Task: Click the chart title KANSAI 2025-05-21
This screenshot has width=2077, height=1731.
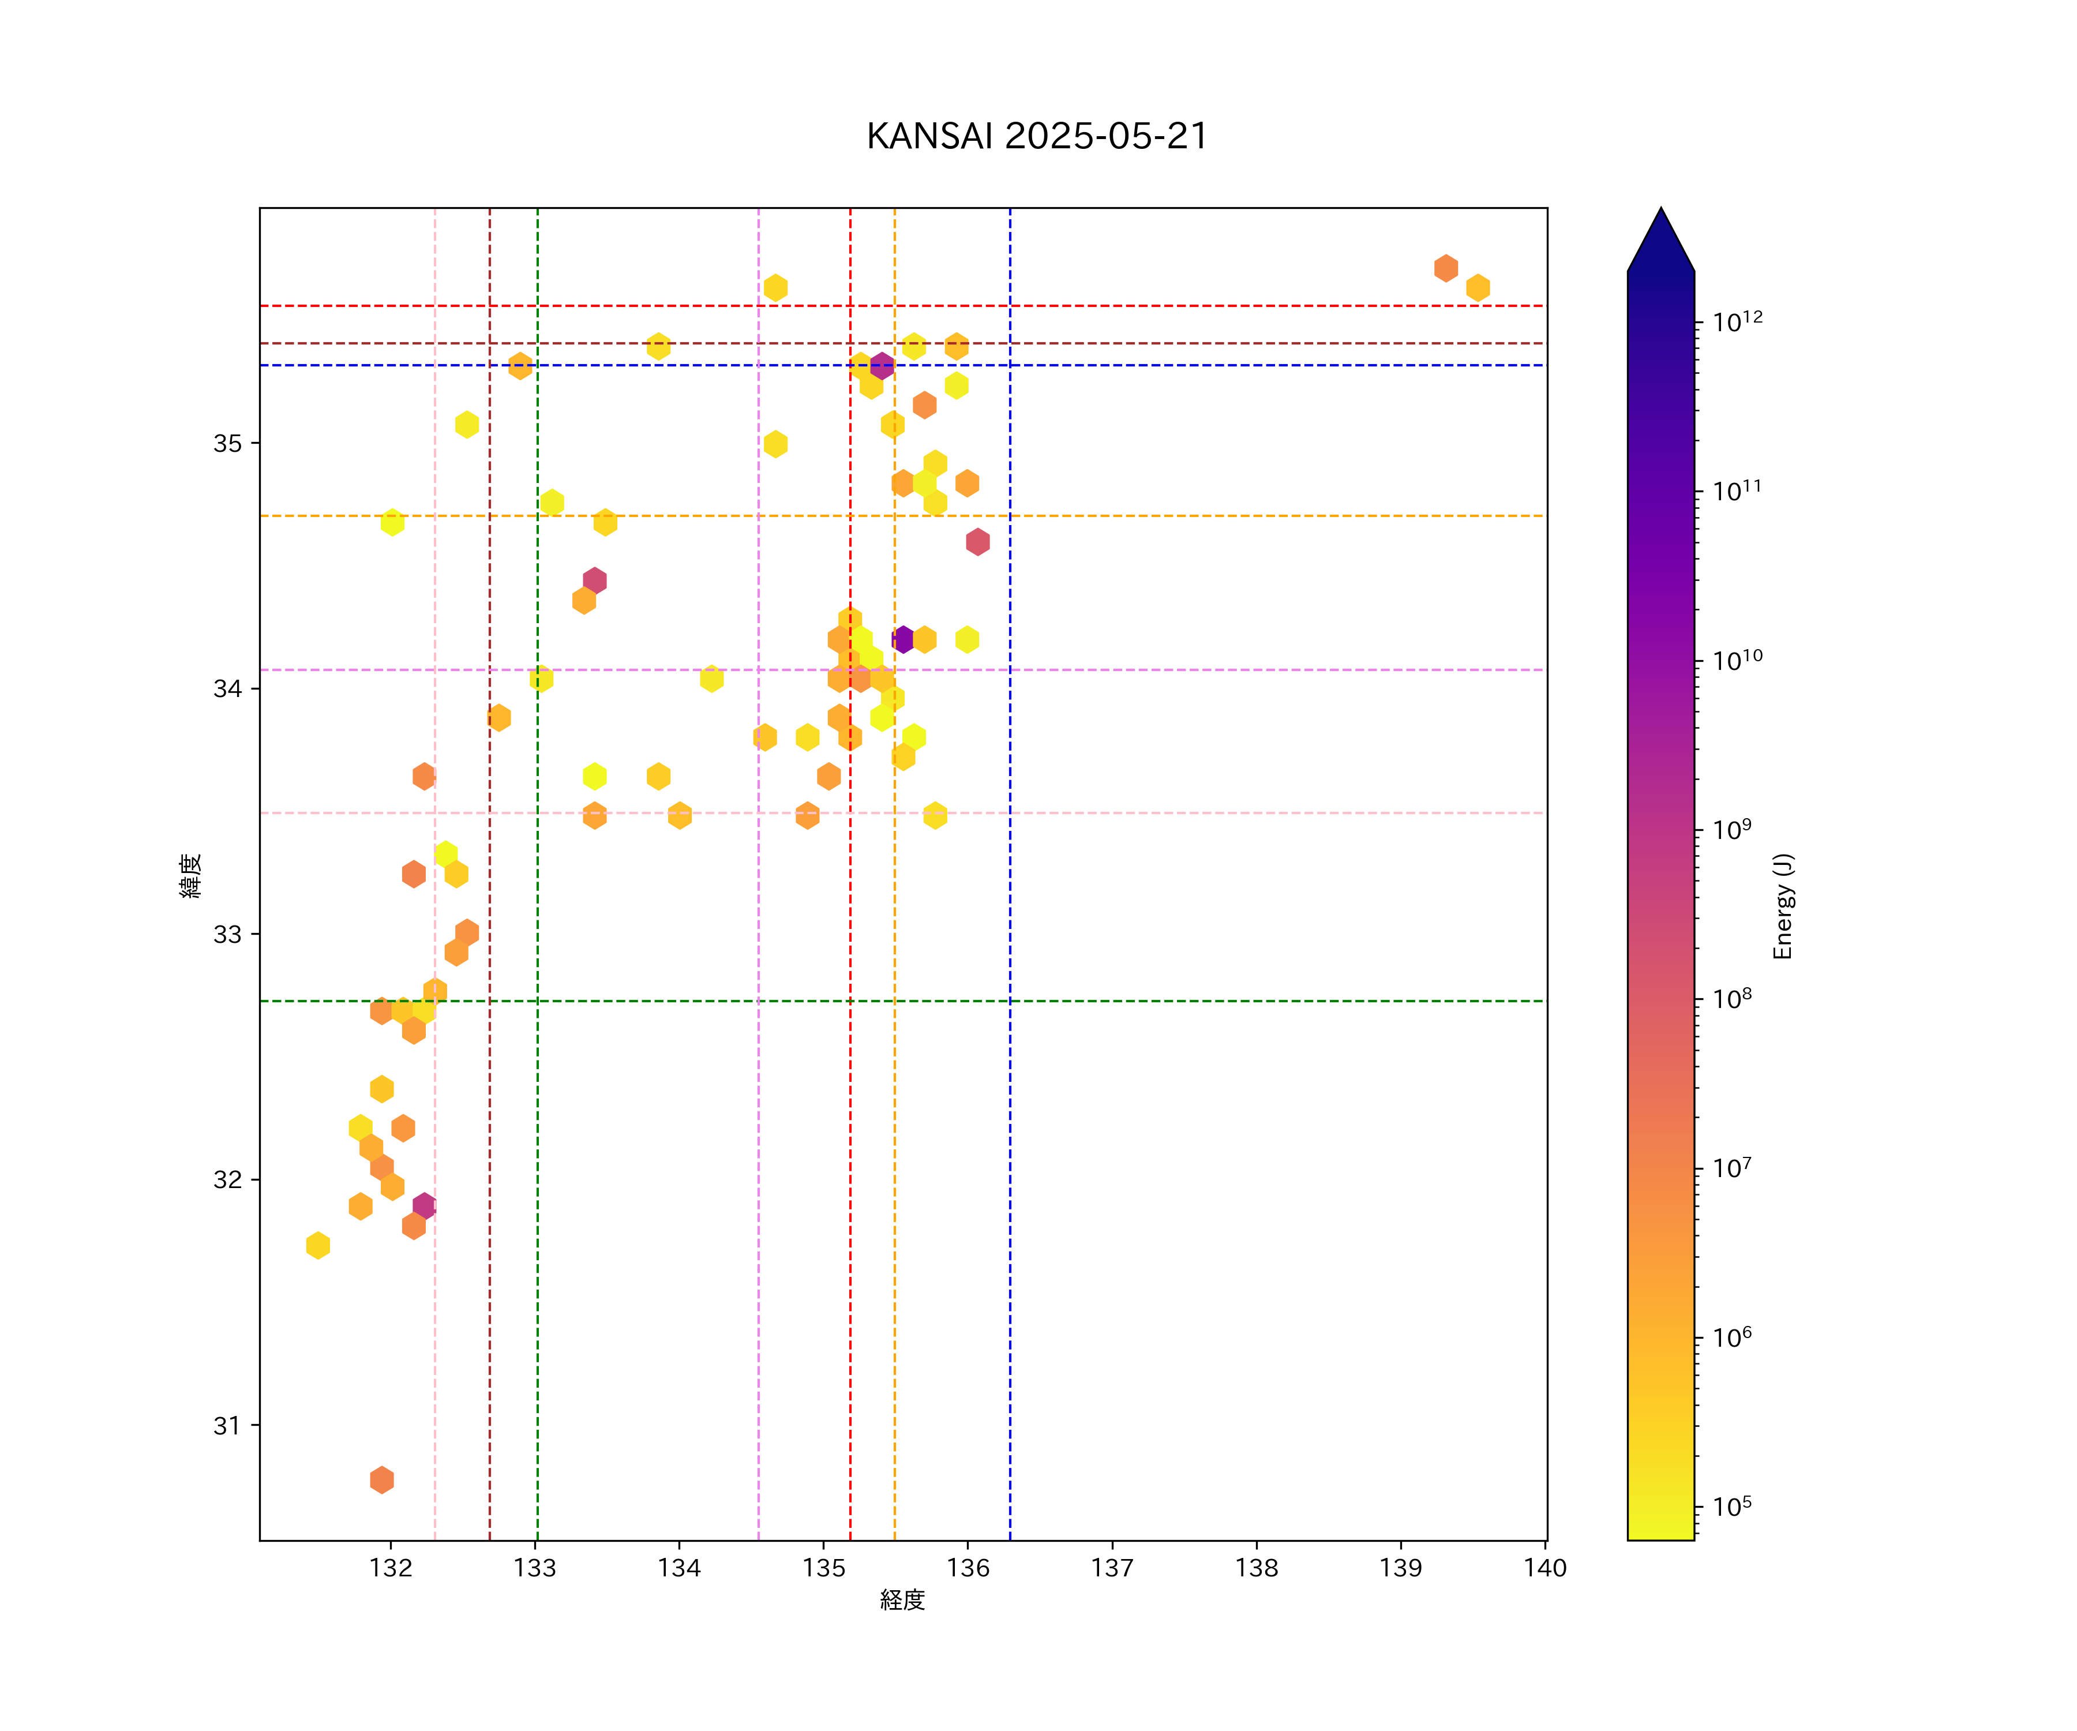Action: (x=1037, y=137)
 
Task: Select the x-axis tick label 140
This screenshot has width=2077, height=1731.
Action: (x=1545, y=1568)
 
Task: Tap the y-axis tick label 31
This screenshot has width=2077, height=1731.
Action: (x=227, y=1425)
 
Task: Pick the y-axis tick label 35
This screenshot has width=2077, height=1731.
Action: (x=227, y=443)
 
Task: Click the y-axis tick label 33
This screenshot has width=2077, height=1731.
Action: (x=227, y=934)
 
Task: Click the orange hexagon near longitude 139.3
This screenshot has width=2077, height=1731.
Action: (x=1446, y=268)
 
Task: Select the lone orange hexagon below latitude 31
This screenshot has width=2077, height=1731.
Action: (x=382, y=1480)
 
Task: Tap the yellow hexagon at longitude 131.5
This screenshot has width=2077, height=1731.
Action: (x=317, y=1245)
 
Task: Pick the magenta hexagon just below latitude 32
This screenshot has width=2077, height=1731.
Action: (x=423, y=1206)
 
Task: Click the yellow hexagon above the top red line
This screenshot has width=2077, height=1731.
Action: (x=775, y=288)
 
